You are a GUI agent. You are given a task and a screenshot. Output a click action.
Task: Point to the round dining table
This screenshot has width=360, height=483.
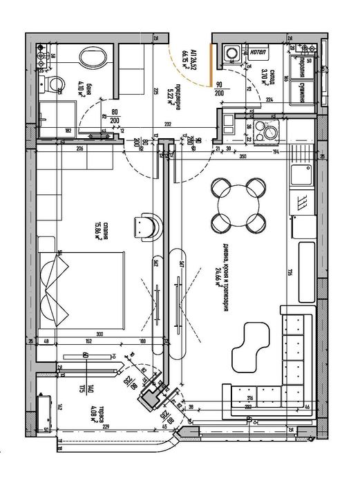tap(238, 204)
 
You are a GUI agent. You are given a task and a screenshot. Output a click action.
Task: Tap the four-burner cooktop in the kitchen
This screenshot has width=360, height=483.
tap(265, 128)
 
